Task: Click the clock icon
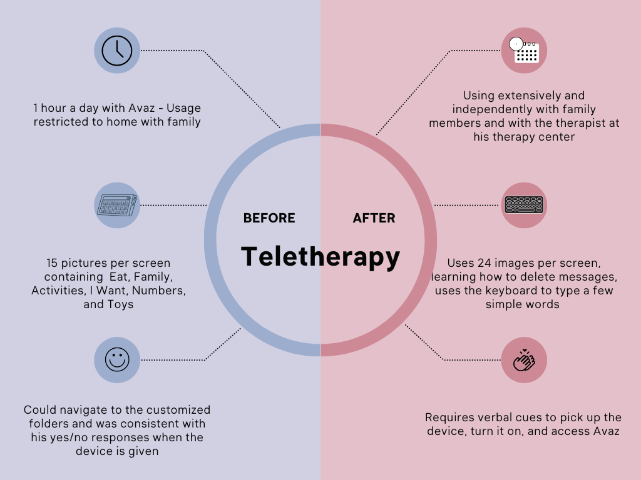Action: coord(117,51)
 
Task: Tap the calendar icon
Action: coord(525,51)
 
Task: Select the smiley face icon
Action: coord(117,360)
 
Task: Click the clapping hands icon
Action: coord(524,361)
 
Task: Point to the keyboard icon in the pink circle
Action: coord(524,205)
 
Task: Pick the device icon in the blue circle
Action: coord(117,205)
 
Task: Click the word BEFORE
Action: coord(269,218)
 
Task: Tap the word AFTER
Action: coord(374,218)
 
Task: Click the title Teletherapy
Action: coord(320,256)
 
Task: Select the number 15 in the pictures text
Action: coord(53,263)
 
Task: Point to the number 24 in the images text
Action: coord(485,263)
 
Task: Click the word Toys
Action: coord(120,305)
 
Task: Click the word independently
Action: coord(487,109)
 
